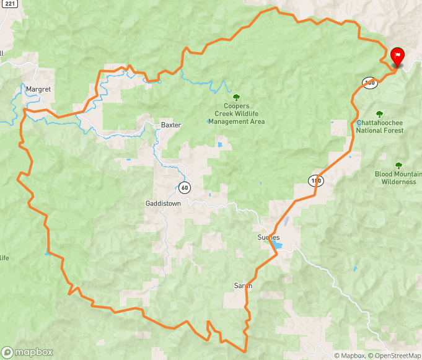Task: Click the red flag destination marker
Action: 397,56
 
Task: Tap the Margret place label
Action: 38,89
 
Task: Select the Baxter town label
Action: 170,125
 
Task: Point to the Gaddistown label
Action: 163,203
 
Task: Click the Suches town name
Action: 268,237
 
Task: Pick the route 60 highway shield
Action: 185,187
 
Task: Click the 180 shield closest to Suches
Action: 316,180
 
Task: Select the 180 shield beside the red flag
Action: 370,82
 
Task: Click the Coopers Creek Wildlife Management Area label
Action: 236,114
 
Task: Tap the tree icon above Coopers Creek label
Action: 235,97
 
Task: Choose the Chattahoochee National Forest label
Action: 380,126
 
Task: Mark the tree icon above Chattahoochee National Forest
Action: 379,114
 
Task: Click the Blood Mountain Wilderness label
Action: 398,178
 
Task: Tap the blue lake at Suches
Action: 277,246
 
